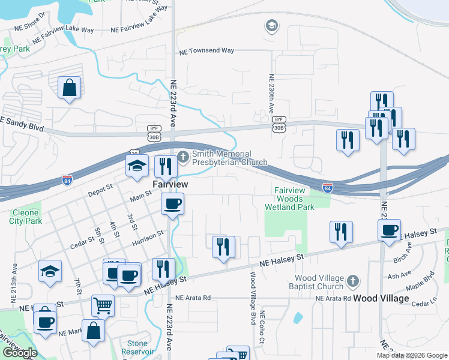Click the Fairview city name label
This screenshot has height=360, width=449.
(x=170, y=184)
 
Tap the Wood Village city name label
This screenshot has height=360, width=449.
(x=381, y=298)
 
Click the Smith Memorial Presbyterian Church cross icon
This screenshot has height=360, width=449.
(x=183, y=158)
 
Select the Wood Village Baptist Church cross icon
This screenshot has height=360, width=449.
(x=354, y=281)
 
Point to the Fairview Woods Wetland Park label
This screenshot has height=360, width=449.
(x=289, y=199)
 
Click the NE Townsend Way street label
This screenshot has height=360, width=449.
(x=206, y=51)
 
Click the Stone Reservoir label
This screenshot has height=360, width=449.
(x=134, y=348)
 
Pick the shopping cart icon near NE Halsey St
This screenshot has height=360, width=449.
(x=103, y=305)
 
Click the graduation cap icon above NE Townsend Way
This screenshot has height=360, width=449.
(x=271, y=26)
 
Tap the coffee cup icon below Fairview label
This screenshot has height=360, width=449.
(x=172, y=204)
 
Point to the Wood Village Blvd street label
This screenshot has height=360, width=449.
(x=253, y=298)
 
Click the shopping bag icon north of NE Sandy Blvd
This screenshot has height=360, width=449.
(x=70, y=88)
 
